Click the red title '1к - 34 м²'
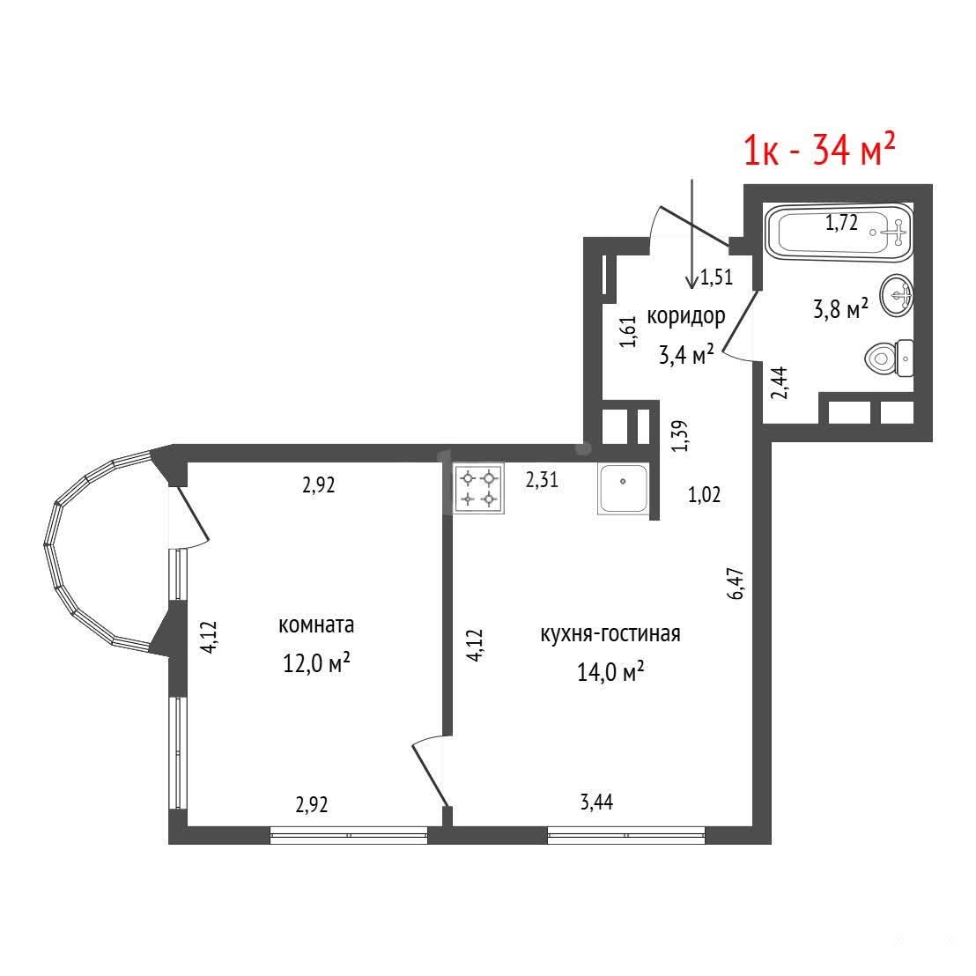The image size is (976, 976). click(819, 150)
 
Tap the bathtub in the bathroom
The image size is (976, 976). click(839, 233)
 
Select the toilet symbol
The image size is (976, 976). click(889, 358)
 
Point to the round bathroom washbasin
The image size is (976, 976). click(897, 295)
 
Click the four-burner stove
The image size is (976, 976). click(478, 488)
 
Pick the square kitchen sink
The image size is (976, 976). click(623, 489)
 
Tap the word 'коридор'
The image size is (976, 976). click(686, 316)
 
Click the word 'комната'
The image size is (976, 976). click(316, 625)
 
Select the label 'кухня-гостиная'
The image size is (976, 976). click(610, 633)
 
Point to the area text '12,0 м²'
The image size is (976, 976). click(316, 663)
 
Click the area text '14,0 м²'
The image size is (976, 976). click(610, 671)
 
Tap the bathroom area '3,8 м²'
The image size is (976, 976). click(840, 308)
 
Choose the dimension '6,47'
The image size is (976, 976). click(736, 583)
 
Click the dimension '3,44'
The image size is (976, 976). click(596, 802)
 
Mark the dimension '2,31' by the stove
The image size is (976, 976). click(542, 480)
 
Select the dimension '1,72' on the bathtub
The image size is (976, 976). click(841, 222)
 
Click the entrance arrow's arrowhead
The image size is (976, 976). click(691, 284)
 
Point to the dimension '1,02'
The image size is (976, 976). click(704, 495)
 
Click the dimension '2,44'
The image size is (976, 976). click(780, 382)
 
